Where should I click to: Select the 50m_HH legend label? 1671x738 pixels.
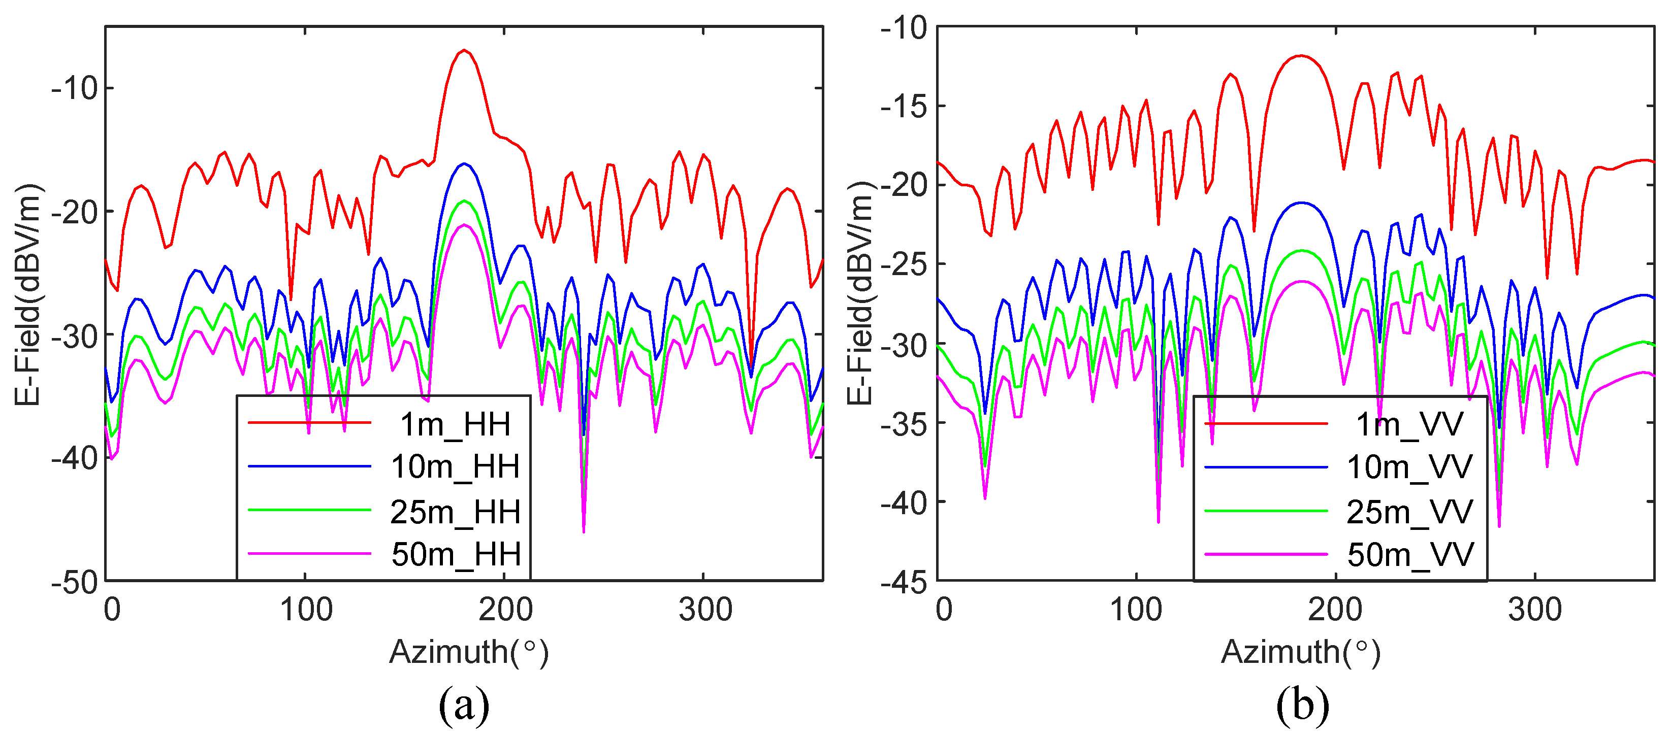point(456,554)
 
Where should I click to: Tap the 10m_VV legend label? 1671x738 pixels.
point(1409,467)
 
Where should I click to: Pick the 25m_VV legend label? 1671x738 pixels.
point(1409,512)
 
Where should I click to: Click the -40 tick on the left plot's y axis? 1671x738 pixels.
point(74,458)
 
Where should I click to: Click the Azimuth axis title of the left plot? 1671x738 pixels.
point(468,652)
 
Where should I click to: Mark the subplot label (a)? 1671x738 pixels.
point(464,706)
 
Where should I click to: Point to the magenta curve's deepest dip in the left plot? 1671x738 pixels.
point(584,532)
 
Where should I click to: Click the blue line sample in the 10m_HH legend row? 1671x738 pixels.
point(309,466)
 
